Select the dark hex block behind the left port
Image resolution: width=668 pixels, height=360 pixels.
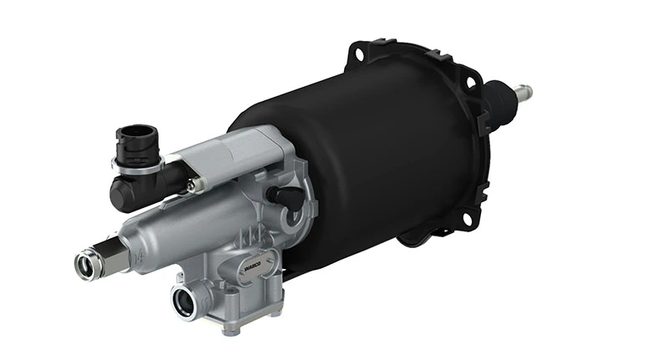click(110, 253)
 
